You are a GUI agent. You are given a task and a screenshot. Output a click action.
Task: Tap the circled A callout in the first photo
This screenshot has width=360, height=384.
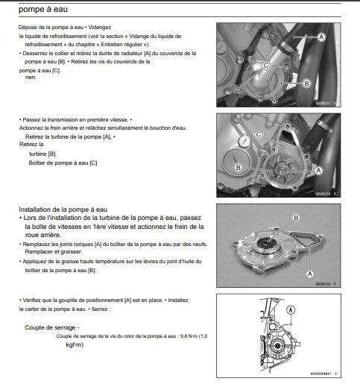click(x=321, y=36)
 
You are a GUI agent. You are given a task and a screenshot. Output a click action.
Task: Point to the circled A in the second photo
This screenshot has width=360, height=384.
click(x=318, y=170)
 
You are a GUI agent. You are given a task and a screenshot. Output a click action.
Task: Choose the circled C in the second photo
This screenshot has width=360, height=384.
click(x=258, y=134)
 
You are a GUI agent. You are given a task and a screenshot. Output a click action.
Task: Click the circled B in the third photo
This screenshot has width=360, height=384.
click(x=295, y=217)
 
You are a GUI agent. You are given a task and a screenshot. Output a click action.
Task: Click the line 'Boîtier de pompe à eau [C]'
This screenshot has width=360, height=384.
click(x=63, y=162)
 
